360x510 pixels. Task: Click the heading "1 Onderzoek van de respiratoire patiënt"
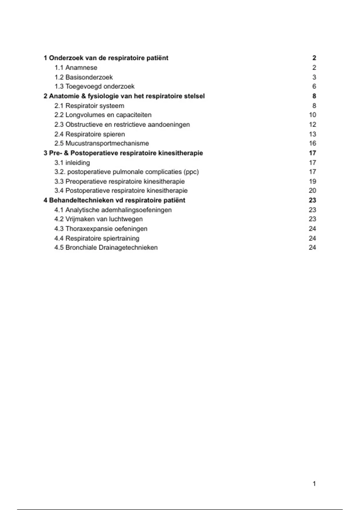tap(106, 58)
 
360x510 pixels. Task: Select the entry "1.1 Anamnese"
tap(76, 67)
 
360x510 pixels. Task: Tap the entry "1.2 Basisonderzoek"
tap(84, 77)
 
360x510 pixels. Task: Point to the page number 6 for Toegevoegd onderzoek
tap(314, 86)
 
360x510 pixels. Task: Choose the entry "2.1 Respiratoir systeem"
tap(89, 106)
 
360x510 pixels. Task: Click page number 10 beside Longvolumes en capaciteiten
tap(312, 115)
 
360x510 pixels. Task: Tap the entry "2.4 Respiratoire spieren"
tap(90, 134)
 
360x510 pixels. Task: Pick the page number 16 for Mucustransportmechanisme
tap(312, 143)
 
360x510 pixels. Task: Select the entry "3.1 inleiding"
tap(72, 163)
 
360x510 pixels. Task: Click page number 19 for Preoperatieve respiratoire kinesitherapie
tap(312, 181)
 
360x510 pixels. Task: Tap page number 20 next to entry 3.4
tap(312, 190)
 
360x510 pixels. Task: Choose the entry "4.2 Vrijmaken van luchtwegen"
tap(99, 219)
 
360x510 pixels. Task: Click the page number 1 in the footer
tap(314, 484)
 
